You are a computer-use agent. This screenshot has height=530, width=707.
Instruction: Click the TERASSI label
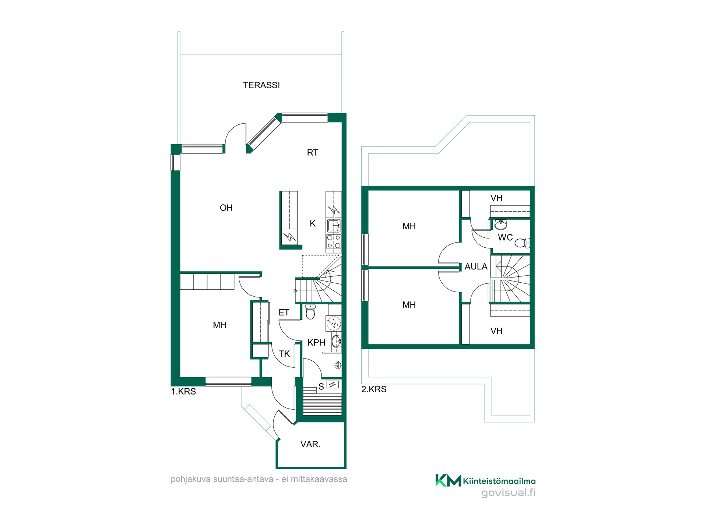[x=261, y=85]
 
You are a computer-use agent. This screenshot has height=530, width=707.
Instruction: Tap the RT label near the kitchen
[x=313, y=153]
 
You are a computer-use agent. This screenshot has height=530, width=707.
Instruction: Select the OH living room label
[x=226, y=208]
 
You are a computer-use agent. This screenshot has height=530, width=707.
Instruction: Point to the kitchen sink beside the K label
[x=334, y=225]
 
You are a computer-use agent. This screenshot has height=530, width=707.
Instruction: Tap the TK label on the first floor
[x=284, y=354]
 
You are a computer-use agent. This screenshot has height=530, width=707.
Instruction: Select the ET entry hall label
[x=284, y=313]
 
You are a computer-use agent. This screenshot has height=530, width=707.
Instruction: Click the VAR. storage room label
[x=310, y=444]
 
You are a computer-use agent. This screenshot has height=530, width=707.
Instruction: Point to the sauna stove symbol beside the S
[x=333, y=385]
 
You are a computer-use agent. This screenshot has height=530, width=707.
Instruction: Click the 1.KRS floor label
[x=183, y=392]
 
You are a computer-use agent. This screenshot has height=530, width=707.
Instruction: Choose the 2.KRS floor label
[x=374, y=389]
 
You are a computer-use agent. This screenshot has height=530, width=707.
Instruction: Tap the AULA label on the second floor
[x=476, y=267]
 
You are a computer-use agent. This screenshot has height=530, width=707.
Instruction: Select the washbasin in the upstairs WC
[x=500, y=224]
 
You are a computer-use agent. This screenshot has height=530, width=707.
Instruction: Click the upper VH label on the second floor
[x=496, y=198]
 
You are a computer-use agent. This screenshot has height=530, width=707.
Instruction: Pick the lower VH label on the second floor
[x=496, y=331]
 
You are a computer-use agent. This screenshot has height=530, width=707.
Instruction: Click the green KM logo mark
[x=448, y=480]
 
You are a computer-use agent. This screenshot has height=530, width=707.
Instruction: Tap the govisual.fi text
[x=509, y=492]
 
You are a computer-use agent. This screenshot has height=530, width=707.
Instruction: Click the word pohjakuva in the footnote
[x=191, y=480]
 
